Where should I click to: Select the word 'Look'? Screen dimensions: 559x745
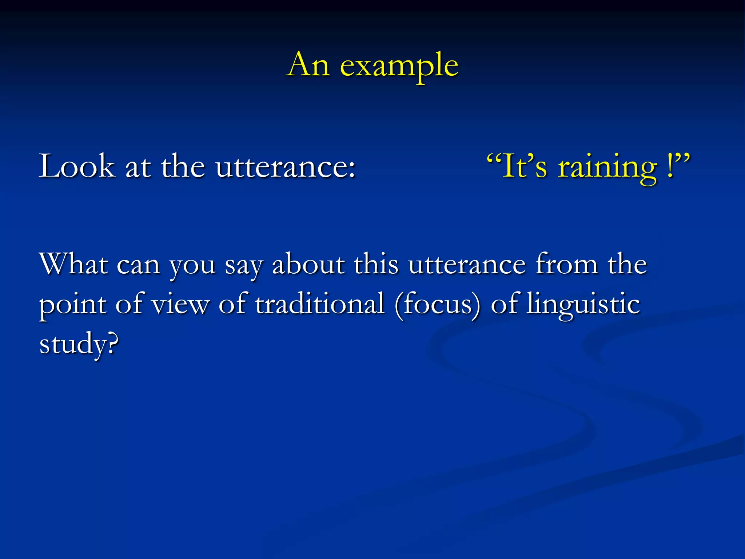pyautogui.click(x=77, y=166)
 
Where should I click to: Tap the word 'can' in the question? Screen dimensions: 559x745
pyautogui.click(x=138, y=266)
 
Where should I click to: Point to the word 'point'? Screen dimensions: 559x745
pyautogui.click(x=72, y=305)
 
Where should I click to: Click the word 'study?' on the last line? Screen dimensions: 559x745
pyautogui.click(x=79, y=345)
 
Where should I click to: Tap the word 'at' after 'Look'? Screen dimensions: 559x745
pyautogui.click(x=138, y=167)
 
